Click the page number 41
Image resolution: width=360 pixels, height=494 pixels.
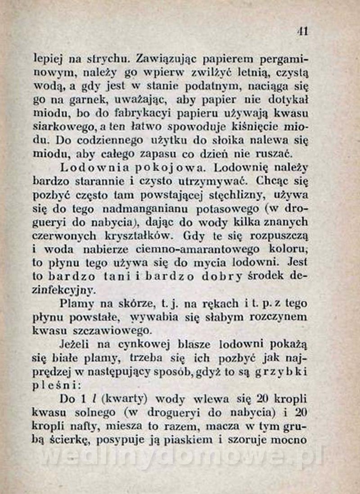pos(302,32)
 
